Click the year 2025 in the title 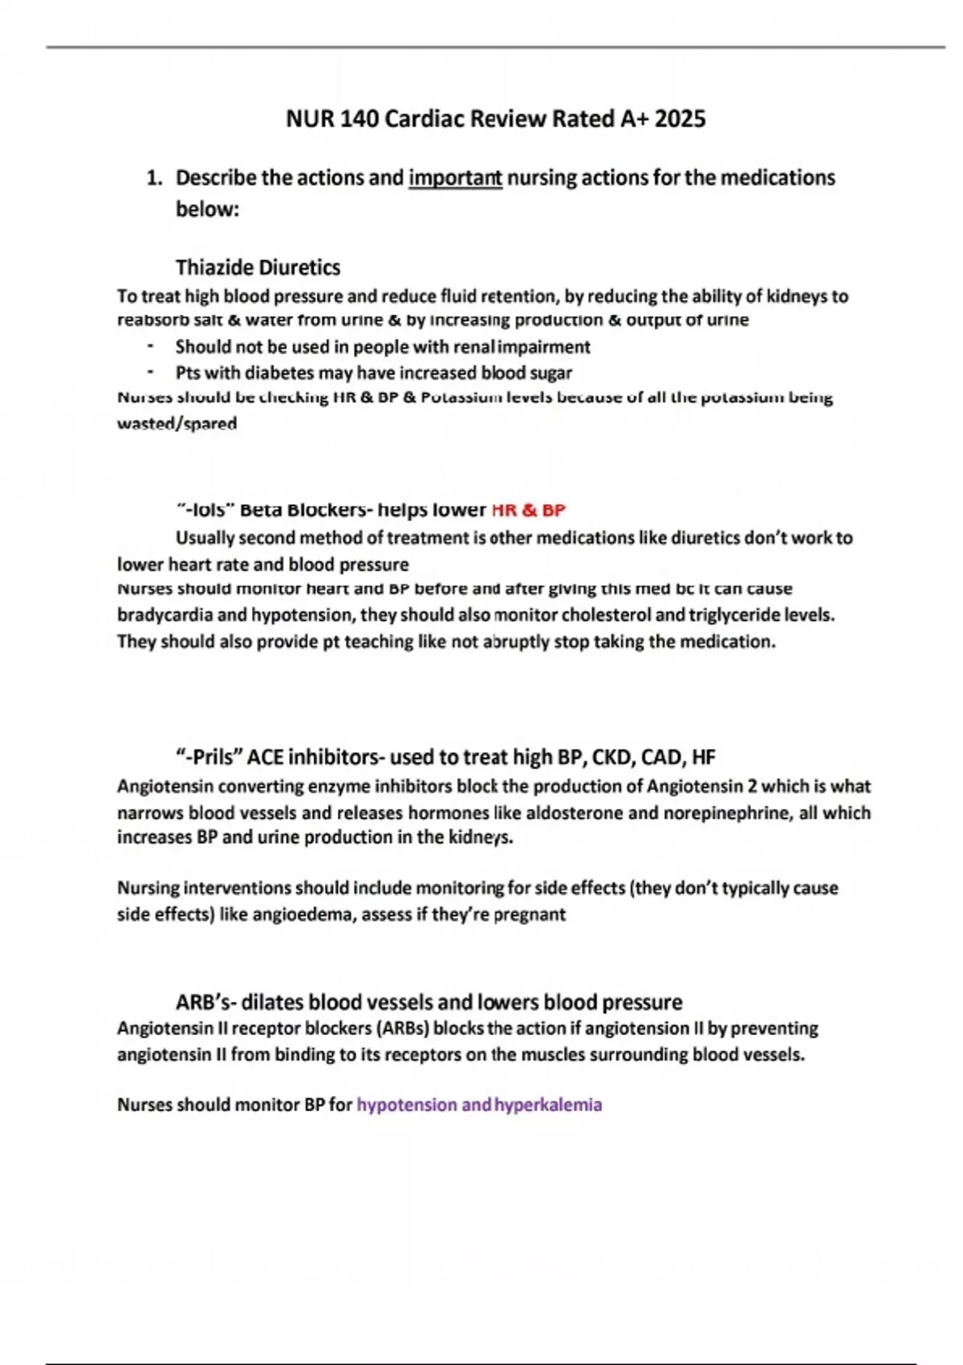click(680, 119)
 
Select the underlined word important click(455, 177)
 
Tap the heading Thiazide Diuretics click(258, 267)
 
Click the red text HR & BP click(528, 510)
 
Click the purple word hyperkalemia click(548, 1105)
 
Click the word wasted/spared click(177, 423)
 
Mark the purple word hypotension click(407, 1105)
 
